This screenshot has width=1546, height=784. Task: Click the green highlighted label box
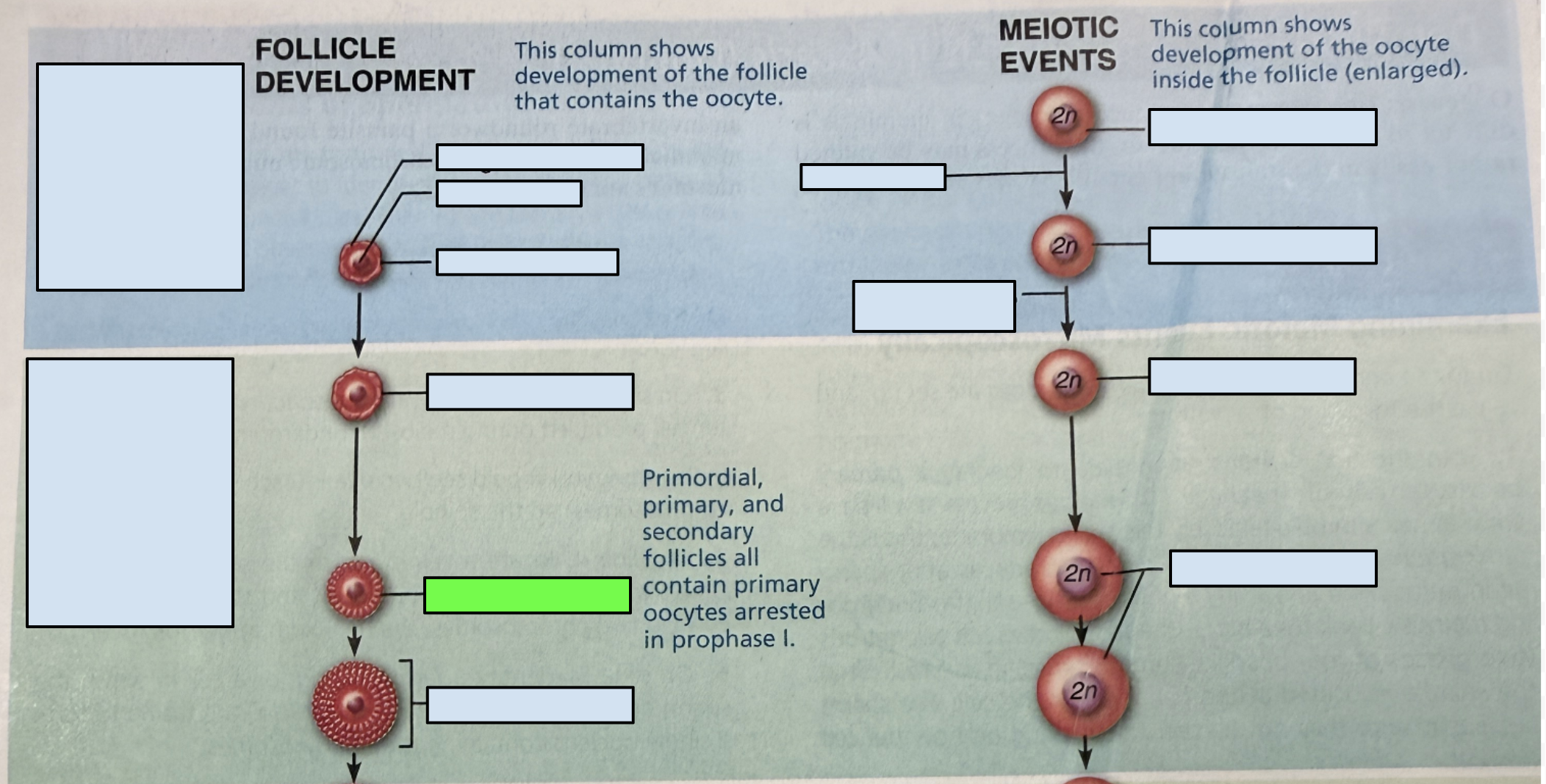pyautogui.click(x=527, y=595)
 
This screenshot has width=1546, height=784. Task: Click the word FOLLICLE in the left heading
pyautogui.click(x=325, y=48)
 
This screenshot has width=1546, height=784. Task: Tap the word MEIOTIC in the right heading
pyautogui.click(x=1058, y=29)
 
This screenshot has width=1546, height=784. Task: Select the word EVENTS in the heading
pyautogui.click(x=1057, y=61)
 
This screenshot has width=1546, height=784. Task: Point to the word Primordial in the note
pyautogui.click(x=702, y=478)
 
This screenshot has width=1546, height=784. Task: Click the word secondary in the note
pyautogui.click(x=698, y=531)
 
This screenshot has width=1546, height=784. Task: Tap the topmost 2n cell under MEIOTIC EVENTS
pyautogui.click(x=1063, y=116)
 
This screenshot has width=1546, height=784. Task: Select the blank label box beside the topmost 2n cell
pyautogui.click(x=1262, y=127)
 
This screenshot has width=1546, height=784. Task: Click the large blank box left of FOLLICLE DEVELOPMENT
pyautogui.click(x=140, y=176)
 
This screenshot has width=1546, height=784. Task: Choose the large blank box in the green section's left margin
pyautogui.click(x=130, y=492)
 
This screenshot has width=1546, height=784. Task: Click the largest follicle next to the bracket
pyautogui.click(x=355, y=704)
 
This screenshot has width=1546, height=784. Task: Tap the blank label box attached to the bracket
pyautogui.click(x=530, y=705)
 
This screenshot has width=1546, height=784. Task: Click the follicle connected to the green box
pyautogui.click(x=355, y=590)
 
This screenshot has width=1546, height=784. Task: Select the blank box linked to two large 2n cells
pyautogui.click(x=1273, y=568)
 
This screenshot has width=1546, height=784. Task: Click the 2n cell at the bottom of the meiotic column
pyautogui.click(x=1083, y=691)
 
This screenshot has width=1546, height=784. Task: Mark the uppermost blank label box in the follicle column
pyautogui.click(x=539, y=157)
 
